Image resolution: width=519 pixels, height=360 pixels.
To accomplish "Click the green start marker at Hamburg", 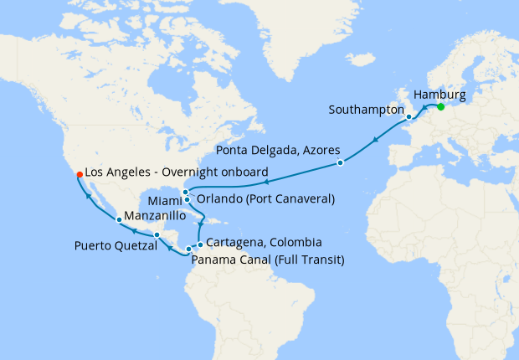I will coord(440,107).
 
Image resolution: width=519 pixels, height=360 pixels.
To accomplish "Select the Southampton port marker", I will coord(409,116).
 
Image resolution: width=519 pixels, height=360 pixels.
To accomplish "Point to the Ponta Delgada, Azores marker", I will coord(340,162).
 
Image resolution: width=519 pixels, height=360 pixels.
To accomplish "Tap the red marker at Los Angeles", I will coord(79,174).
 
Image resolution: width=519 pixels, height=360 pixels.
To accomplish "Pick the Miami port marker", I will coord(187,199).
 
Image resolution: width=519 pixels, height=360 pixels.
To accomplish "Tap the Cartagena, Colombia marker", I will coord(199,244).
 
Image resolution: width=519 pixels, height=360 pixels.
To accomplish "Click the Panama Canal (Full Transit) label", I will coord(268,260).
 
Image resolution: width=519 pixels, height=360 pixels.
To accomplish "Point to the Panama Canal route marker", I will coord(189,249).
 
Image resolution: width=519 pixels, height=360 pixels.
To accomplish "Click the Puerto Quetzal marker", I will coord(157,234).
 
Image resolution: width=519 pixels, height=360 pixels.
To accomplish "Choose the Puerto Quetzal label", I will coord(115,246).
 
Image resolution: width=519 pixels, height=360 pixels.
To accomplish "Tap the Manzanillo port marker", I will coord(120,219).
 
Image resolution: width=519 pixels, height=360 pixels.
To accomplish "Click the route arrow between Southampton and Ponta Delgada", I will coord(374,140).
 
